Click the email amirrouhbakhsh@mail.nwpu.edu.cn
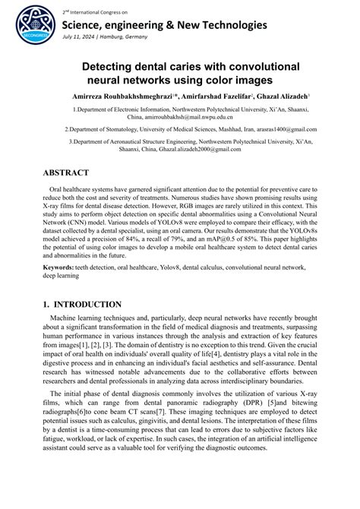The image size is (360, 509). [180, 118]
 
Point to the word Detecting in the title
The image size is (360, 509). [115, 67]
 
